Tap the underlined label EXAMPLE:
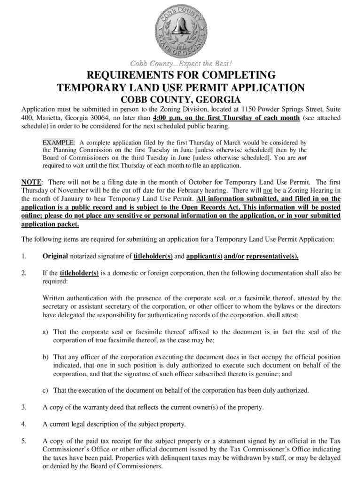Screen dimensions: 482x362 tap(58, 142)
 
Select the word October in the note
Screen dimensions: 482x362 tap(191, 182)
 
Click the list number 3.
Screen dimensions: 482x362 tap(24, 407)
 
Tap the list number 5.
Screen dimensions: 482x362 tap(24, 441)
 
